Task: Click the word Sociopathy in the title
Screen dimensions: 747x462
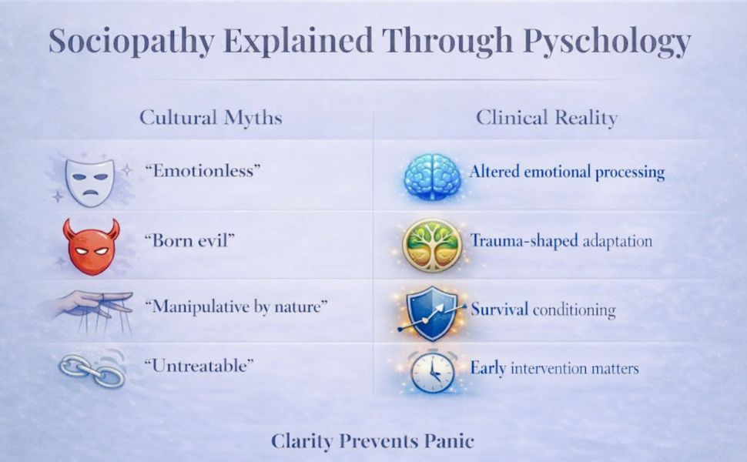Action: coord(125,42)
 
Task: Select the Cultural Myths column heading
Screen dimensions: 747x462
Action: coord(210,118)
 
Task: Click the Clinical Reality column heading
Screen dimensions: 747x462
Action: coord(546,118)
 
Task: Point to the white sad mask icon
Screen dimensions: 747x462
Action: coord(89,182)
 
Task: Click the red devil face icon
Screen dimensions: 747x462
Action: coord(91,246)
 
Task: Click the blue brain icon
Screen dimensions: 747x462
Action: coord(433,176)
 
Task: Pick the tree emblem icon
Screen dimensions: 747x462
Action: coord(431,245)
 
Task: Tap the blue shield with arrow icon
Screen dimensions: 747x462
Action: coord(431,311)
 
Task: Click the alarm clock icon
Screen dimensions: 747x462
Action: coord(431,371)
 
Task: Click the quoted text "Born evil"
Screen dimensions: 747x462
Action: coord(189,240)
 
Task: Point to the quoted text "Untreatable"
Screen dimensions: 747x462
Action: coord(199,367)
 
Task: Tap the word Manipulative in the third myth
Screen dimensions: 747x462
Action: coord(199,306)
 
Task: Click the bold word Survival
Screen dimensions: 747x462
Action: coord(499,310)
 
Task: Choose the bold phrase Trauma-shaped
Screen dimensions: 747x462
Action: coord(524,241)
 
